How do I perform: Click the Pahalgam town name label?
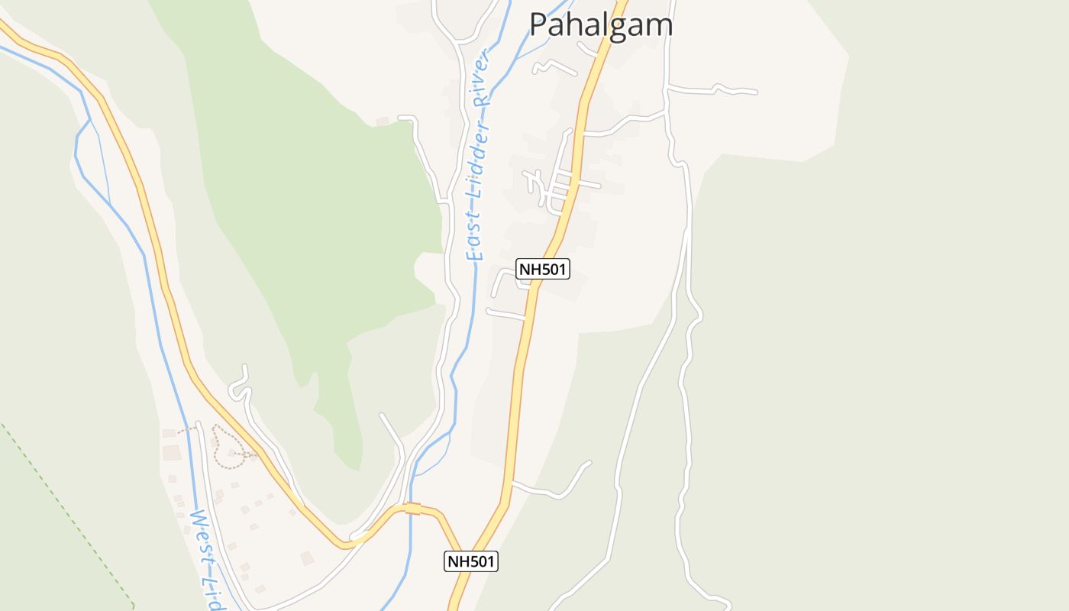click(x=601, y=24)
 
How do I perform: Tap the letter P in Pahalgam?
click(x=538, y=24)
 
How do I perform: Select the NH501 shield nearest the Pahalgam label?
click(x=543, y=268)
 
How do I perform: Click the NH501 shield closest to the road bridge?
click(x=471, y=561)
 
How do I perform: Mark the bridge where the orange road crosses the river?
click(x=412, y=509)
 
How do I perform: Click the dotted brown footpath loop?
click(x=226, y=448)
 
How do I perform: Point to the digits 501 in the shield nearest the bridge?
click(x=481, y=561)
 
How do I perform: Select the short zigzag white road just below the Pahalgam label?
click(x=554, y=67)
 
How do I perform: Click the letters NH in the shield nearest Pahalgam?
click(x=529, y=268)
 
